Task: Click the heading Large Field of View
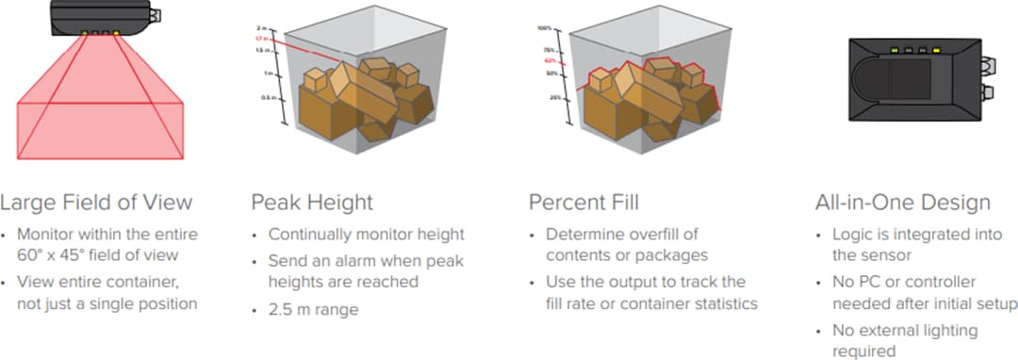click(96, 202)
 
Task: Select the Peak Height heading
click(312, 202)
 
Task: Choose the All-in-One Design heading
click(902, 202)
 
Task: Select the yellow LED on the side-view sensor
click(116, 33)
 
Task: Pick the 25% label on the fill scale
click(555, 97)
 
